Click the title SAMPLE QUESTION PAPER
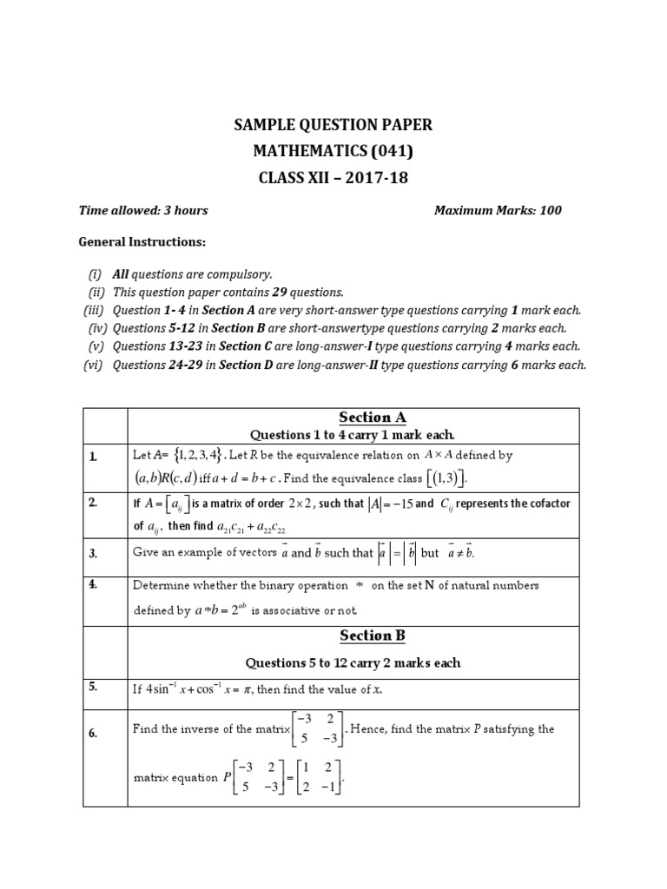333,126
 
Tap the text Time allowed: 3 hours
143,210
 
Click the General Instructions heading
142,241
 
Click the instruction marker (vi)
93,365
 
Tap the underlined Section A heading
372,417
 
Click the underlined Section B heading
372,635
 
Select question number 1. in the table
92,456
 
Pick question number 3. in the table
92,553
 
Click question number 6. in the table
92,734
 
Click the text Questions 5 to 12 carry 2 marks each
353,662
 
